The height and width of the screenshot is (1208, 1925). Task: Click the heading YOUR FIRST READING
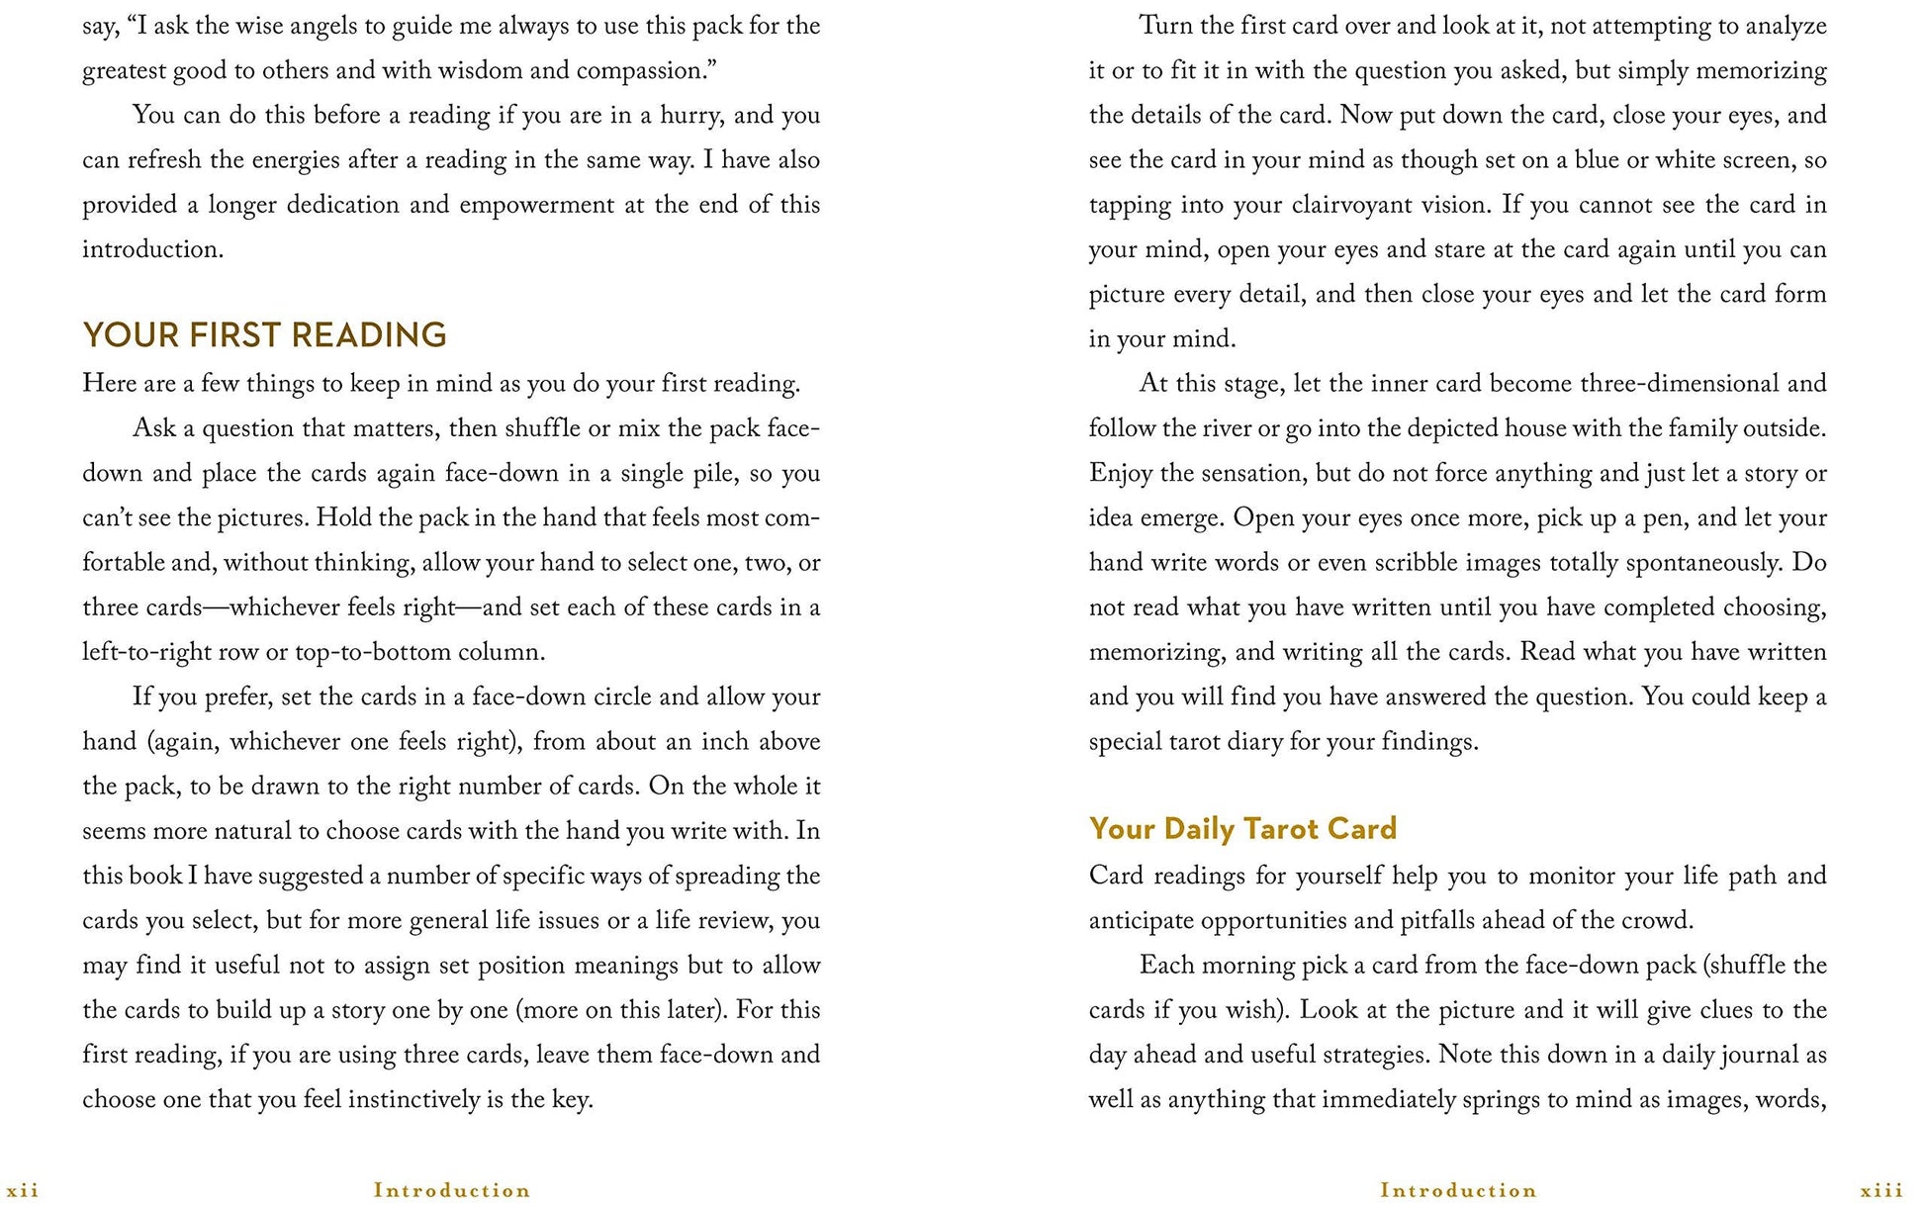[264, 335]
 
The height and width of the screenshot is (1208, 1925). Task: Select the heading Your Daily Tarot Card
[1242, 828]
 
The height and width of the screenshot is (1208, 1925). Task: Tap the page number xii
[23, 1190]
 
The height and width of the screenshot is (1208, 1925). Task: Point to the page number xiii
[1882, 1190]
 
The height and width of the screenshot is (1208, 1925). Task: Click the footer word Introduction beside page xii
[452, 1190]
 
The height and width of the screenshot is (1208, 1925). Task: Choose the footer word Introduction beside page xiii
[1459, 1190]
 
